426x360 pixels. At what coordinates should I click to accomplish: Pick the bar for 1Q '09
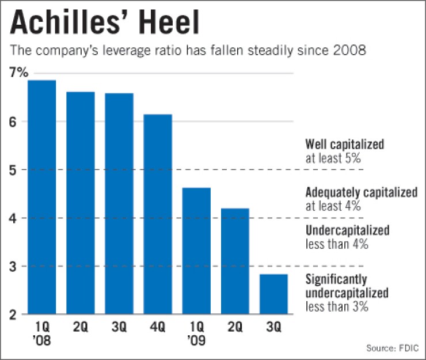[196, 251]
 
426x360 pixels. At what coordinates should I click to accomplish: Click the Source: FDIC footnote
[391, 348]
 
